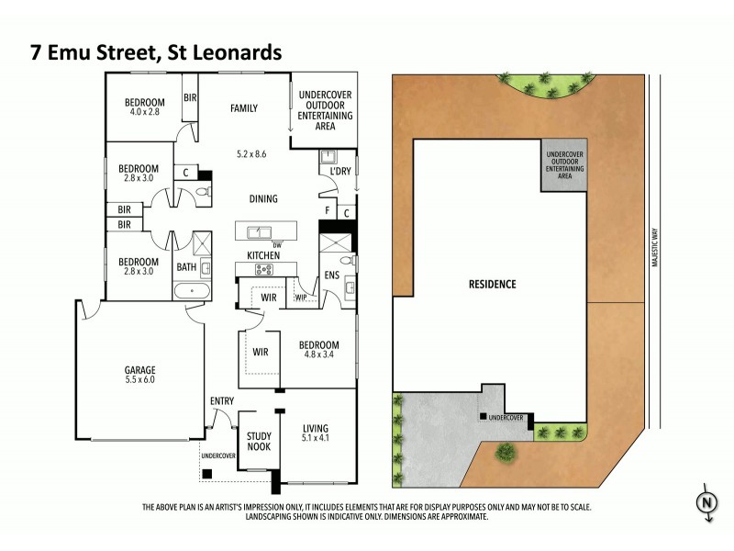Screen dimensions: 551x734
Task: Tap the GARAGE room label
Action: click(139, 372)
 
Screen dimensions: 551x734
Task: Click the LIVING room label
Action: click(315, 428)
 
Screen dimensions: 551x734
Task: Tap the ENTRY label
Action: click(222, 400)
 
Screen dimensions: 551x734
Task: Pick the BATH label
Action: click(186, 268)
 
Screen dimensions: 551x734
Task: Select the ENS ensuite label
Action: click(331, 275)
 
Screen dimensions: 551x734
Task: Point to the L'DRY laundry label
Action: click(328, 172)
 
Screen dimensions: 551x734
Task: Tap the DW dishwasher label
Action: click(276, 244)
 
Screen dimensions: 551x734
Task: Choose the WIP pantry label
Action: click(301, 297)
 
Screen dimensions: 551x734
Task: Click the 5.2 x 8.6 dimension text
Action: click(250, 153)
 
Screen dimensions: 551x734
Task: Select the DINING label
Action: click(262, 198)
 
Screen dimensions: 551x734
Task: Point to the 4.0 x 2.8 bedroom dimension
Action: click(146, 112)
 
